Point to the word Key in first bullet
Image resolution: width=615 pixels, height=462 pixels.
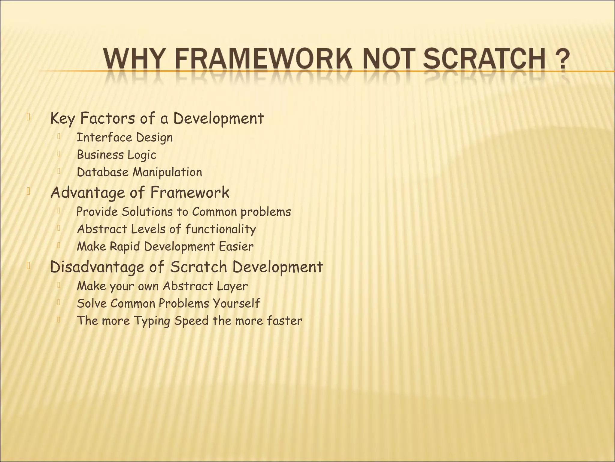point(62,118)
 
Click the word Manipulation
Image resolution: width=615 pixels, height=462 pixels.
point(167,172)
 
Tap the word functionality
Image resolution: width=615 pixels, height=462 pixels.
point(221,229)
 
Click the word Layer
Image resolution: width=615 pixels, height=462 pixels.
point(233,286)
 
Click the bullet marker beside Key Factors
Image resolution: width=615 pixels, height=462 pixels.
point(29,117)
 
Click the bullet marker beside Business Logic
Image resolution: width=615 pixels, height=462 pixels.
point(59,154)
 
